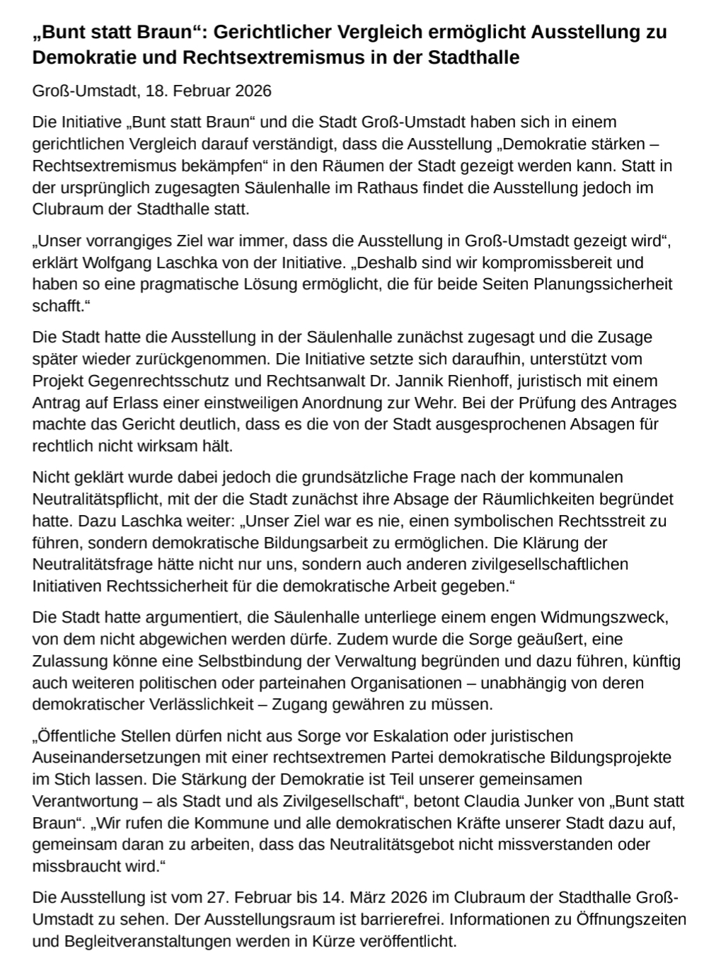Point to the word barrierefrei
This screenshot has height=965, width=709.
click(x=400, y=920)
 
